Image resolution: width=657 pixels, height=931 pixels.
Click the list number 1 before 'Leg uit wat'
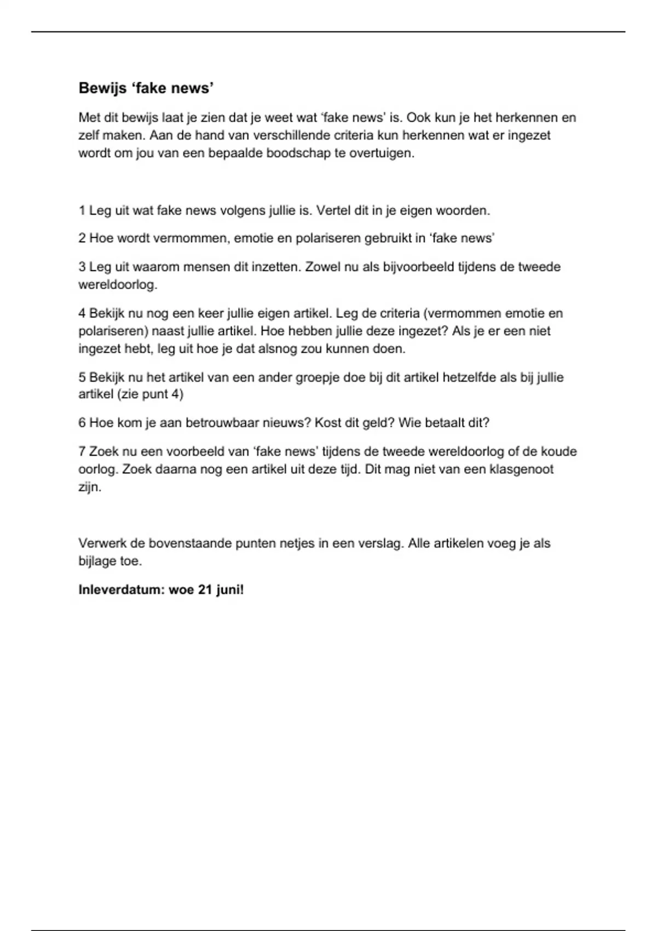[x=82, y=210]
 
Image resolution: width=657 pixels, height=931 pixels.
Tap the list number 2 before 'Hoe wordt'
[x=82, y=238]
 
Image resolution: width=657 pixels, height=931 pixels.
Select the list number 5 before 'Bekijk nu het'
[x=82, y=377]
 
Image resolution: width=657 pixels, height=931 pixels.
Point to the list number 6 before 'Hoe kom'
[x=82, y=423]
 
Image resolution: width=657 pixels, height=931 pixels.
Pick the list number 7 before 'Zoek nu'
[x=82, y=451]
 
